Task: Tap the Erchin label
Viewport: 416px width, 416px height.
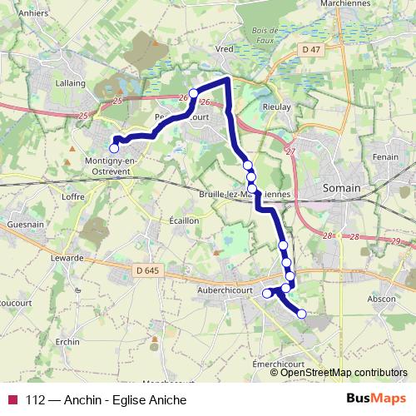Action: coord(68,343)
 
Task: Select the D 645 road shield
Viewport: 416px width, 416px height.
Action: coord(146,270)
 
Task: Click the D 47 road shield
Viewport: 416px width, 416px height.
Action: coord(311,50)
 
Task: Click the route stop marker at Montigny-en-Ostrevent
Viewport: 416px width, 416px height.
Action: coord(114,148)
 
